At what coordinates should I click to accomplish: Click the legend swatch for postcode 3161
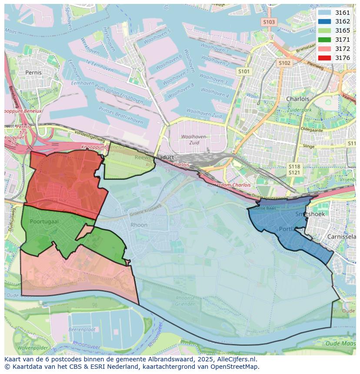[x=324, y=13]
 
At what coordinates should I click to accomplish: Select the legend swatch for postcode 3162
[x=324, y=22]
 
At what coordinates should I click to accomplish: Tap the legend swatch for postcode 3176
[x=324, y=58]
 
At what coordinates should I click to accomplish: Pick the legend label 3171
[x=342, y=40]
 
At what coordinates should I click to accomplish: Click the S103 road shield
[x=269, y=22]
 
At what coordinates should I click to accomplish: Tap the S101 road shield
[x=244, y=71]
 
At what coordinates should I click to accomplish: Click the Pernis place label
[x=33, y=73]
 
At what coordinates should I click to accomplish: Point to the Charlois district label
[x=298, y=99]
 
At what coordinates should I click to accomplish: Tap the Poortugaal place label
[x=44, y=222]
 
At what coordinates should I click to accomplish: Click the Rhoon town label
[x=139, y=225]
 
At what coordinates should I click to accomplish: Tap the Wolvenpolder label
[x=33, y=348]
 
